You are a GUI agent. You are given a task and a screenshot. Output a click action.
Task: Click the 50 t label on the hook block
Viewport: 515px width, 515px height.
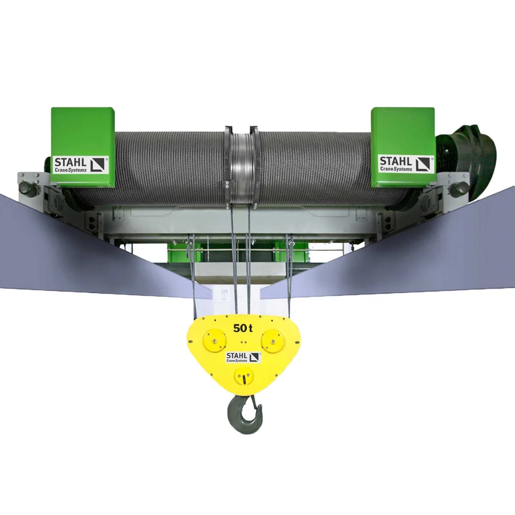tap(243, 328)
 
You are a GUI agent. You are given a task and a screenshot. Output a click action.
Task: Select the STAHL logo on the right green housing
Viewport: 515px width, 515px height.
tap(406, 163)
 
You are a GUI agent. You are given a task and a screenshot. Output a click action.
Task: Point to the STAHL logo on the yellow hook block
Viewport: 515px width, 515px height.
tap(244, 357)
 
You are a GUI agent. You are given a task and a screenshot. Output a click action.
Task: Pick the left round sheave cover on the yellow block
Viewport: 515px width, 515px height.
tap(215, 340)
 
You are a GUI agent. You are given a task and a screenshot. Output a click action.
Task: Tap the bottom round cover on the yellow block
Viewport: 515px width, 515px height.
tap(244, 376)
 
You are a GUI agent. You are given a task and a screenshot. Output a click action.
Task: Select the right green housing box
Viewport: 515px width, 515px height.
tap(403, 147)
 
